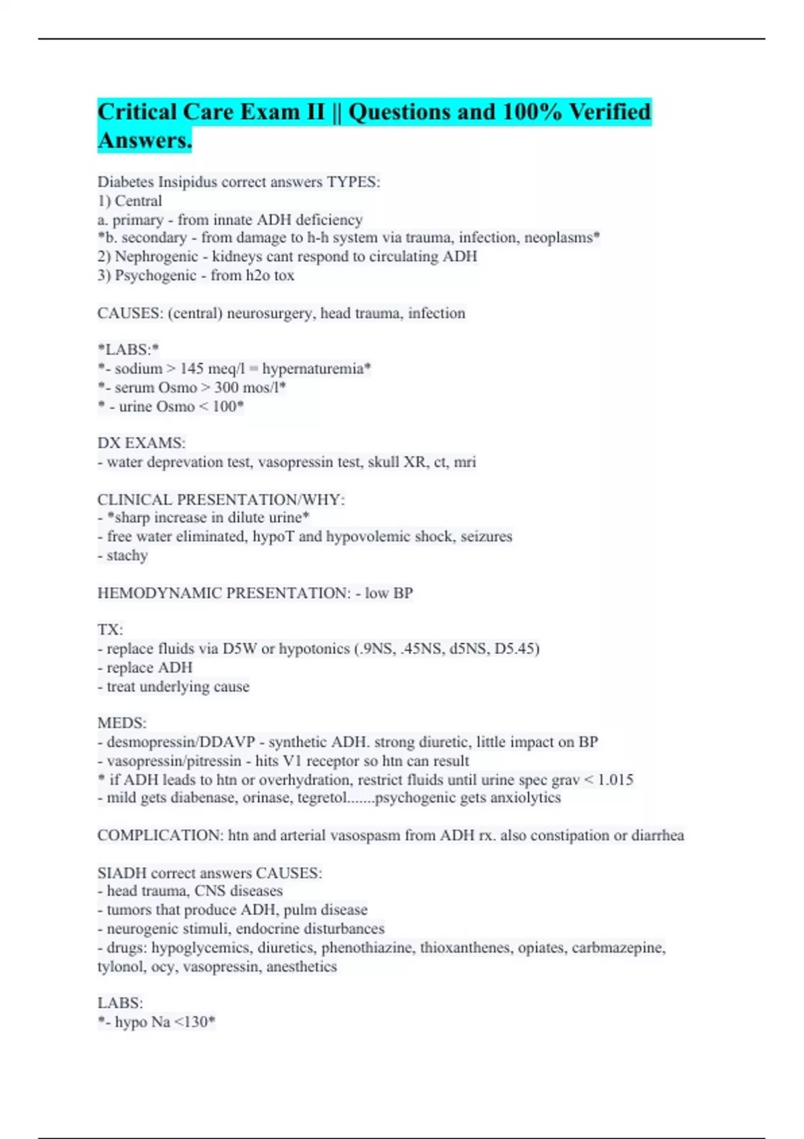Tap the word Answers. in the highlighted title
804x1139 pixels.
coord(145,141)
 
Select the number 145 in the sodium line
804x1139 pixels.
coord(192,368)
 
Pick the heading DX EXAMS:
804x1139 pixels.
coord(141,443)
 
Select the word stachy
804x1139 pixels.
coord(127,555)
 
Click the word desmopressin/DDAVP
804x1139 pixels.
coord(181,742)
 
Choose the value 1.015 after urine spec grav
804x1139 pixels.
coord(615,779)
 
